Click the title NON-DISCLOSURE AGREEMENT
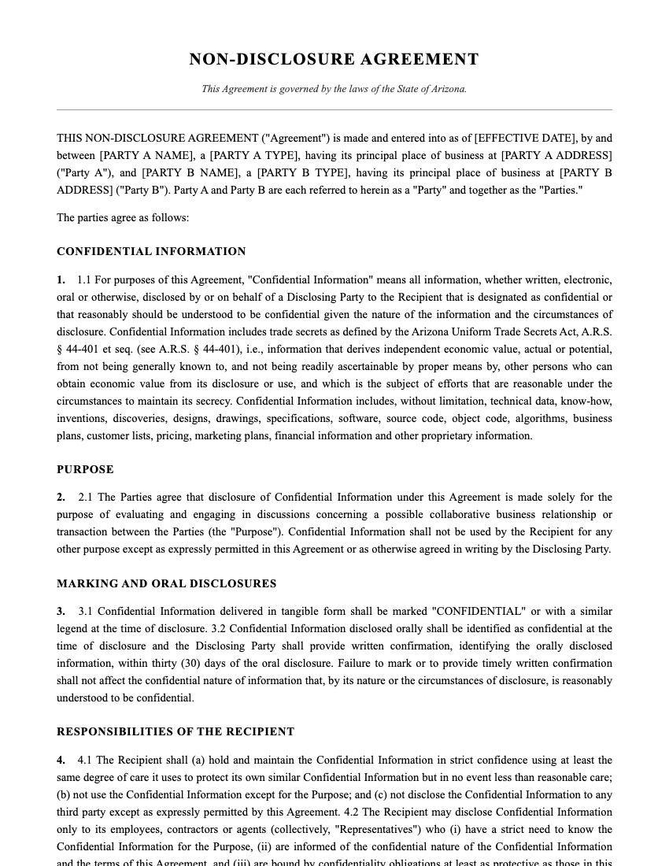(334, 60)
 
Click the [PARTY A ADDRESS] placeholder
(556, 155)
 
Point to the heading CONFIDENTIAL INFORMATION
(151, 252)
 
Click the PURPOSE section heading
(85, 470)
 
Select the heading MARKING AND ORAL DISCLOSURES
(166, 584)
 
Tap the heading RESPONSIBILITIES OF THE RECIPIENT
(176, 732)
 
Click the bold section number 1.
(61, 280)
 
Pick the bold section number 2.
(61, 498)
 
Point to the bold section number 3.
(61, 612)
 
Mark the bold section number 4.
(61, 761)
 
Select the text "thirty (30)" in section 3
(157, 664)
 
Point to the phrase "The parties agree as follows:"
(123, 218)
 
